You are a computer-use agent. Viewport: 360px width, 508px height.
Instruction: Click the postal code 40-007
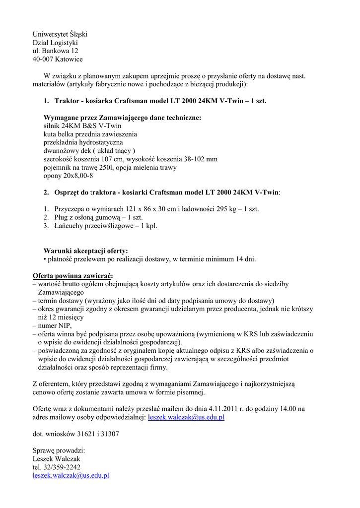coord(43,59)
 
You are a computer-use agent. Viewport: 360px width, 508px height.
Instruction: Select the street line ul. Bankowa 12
coord(55,51)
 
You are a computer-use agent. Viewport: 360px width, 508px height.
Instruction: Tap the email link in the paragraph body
coord(186,417)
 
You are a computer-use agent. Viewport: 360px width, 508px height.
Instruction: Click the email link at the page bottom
coord(71,475)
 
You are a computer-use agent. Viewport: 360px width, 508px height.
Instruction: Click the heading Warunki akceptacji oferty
coord(85,251)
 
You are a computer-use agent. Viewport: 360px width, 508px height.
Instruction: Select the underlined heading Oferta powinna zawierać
coord(72,275)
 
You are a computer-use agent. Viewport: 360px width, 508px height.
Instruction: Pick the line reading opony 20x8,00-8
coord(69,176)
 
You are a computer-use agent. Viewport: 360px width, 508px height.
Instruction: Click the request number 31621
coord(86,434)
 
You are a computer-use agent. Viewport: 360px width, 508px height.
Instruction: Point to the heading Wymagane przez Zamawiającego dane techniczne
coord(123,118)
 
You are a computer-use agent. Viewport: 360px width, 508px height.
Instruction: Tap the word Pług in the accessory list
coord(62,217)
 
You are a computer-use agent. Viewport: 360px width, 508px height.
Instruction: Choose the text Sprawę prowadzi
coord(59,450)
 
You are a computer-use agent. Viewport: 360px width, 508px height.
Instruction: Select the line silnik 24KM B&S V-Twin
coord(82,126)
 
